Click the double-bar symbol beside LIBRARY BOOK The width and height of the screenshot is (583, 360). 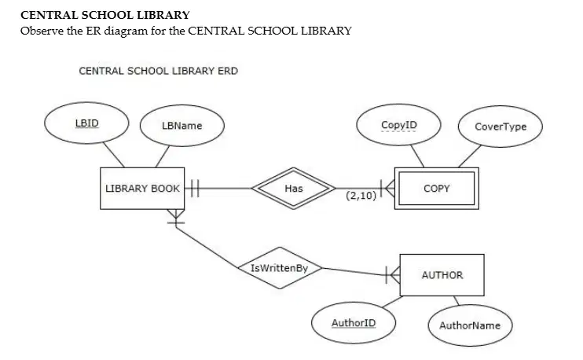click(195, 188)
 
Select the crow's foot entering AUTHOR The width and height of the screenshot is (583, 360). click(393, 275)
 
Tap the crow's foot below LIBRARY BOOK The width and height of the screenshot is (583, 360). click(176, 217)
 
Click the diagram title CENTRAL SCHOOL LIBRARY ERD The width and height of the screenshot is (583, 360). click(159, 71)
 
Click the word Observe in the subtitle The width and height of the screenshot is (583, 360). click(42, 31)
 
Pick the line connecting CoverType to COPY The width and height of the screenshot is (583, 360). click(470, 156)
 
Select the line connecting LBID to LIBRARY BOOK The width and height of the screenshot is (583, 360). click(113, 155)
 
